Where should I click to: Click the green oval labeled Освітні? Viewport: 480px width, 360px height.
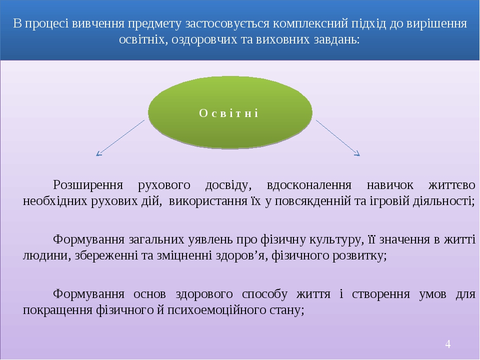point(230,112)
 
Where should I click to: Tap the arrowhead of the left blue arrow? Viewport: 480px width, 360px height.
point(98,153)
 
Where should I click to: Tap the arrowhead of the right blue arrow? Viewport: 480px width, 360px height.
point(357,153)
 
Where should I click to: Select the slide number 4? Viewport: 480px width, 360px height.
point(448,344)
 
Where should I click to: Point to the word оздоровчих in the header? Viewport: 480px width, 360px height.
point(204,39)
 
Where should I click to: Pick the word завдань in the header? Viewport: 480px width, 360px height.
point(336,39)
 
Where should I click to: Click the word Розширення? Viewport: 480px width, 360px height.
point(88,185)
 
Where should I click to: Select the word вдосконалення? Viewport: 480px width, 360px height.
point(309,185)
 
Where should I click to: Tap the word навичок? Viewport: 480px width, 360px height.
point(390,185)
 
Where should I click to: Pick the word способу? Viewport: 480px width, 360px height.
point(265,294)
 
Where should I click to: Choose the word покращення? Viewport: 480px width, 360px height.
point(58,310)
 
